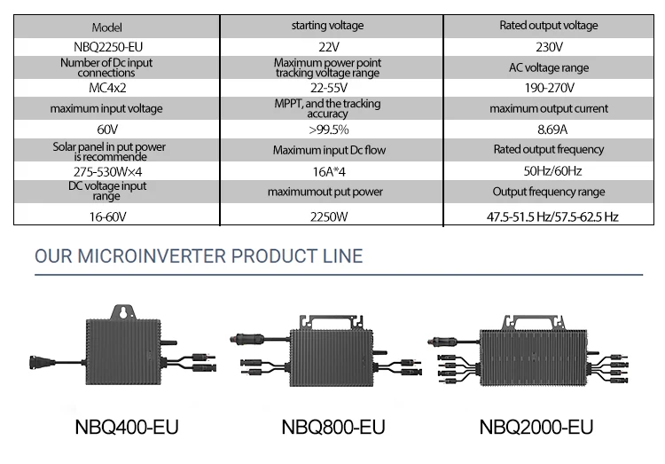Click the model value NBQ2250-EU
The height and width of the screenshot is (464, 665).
[x=108, y=47]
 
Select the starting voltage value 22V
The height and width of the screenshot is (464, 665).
[x=329, y=47]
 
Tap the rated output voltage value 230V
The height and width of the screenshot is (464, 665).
[x=549, y=47]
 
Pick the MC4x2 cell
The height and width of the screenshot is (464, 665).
[x=107, y=88]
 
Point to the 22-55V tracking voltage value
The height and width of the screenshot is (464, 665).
[x=329, y=88]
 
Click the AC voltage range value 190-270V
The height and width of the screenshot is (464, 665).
[x=549, y=88]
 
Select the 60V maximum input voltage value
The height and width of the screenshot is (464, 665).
[x=107, y=129]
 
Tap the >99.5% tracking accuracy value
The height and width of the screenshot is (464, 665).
[x=329, y=129]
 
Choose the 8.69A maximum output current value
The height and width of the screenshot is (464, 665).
[x=552, y=129]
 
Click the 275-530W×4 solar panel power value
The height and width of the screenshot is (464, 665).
[x=107, y=171]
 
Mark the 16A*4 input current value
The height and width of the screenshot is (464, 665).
[x=329, y=171]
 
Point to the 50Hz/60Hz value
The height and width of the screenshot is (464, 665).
[x=552, y=170]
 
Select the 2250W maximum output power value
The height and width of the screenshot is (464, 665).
[x=329, y=217]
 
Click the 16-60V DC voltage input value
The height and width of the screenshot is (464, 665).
[x=107, y=217]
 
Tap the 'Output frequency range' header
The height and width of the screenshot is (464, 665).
[x=549, y=192]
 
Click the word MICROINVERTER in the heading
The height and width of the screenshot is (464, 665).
[x=151, y=256]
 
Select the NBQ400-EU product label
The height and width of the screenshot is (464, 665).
[x=127, y=427]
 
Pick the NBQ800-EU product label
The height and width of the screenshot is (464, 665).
[x=333, y=427]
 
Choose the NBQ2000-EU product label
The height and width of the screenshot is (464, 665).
[x=536, y=427]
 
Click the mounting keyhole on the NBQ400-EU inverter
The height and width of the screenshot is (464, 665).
[x=123, y=312]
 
